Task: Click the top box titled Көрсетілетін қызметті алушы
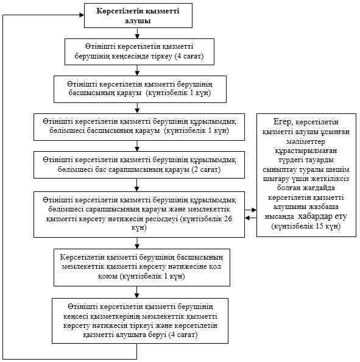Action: [x=138, y=15]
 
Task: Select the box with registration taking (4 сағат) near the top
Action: [x=139, y=52]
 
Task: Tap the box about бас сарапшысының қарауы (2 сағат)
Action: [x=139, y=165]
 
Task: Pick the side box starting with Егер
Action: [x=306, y=175]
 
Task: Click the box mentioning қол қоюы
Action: [x=142, y=268]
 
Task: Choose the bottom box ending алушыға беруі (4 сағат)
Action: [x=140, y=321]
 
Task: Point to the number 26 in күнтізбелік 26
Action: [x=228, y=219]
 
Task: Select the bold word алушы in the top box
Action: [x=138, y=21]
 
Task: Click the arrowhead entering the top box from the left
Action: [x=82, y=15]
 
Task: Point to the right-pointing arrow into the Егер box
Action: [x=250, y=210]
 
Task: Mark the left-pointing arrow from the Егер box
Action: [x=250, y=218]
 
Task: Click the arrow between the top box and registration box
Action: [x=137, y=34]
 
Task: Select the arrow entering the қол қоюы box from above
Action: [x=137, y=243]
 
